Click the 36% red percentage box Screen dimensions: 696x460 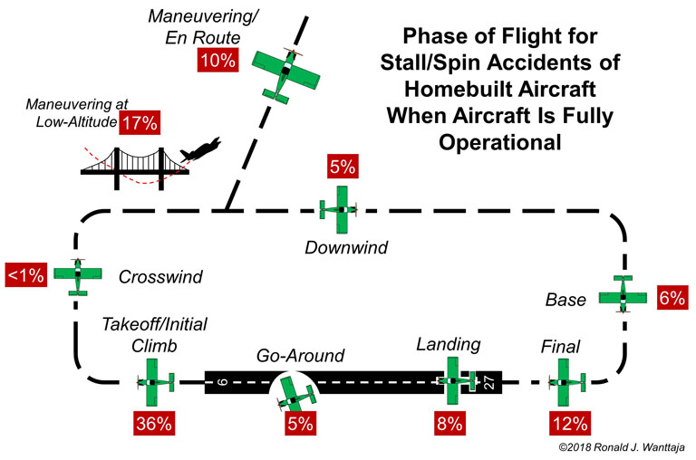click(x=154, y=423)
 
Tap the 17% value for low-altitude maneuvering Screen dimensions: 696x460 click(x=140, y=122)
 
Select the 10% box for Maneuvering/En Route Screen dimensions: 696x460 click(x=217, y=60)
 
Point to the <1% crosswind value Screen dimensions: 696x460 click(x=26, y=275)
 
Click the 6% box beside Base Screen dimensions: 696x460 click(x=673, y=298)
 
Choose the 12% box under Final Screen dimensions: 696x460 click(x=570, y=423)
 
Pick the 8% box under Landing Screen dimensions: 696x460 click(x=450, y=423)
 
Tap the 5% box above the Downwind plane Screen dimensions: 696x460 click(x=343, y=167)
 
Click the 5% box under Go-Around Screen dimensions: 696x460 click(x=301, y=423)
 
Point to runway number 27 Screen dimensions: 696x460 click(x=488, y=382)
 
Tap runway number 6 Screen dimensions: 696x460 click(x=223, y=381)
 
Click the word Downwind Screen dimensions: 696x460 click(x=346, y=247)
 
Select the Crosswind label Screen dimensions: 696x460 click(x=160, y=277)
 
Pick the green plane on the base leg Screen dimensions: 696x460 click(x=623, y=294)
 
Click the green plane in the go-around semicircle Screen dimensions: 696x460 click(x=295, y=394)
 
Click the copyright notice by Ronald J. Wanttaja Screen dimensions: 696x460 click(x=622, y=447)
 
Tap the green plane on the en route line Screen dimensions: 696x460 click(x=285, y=75)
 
